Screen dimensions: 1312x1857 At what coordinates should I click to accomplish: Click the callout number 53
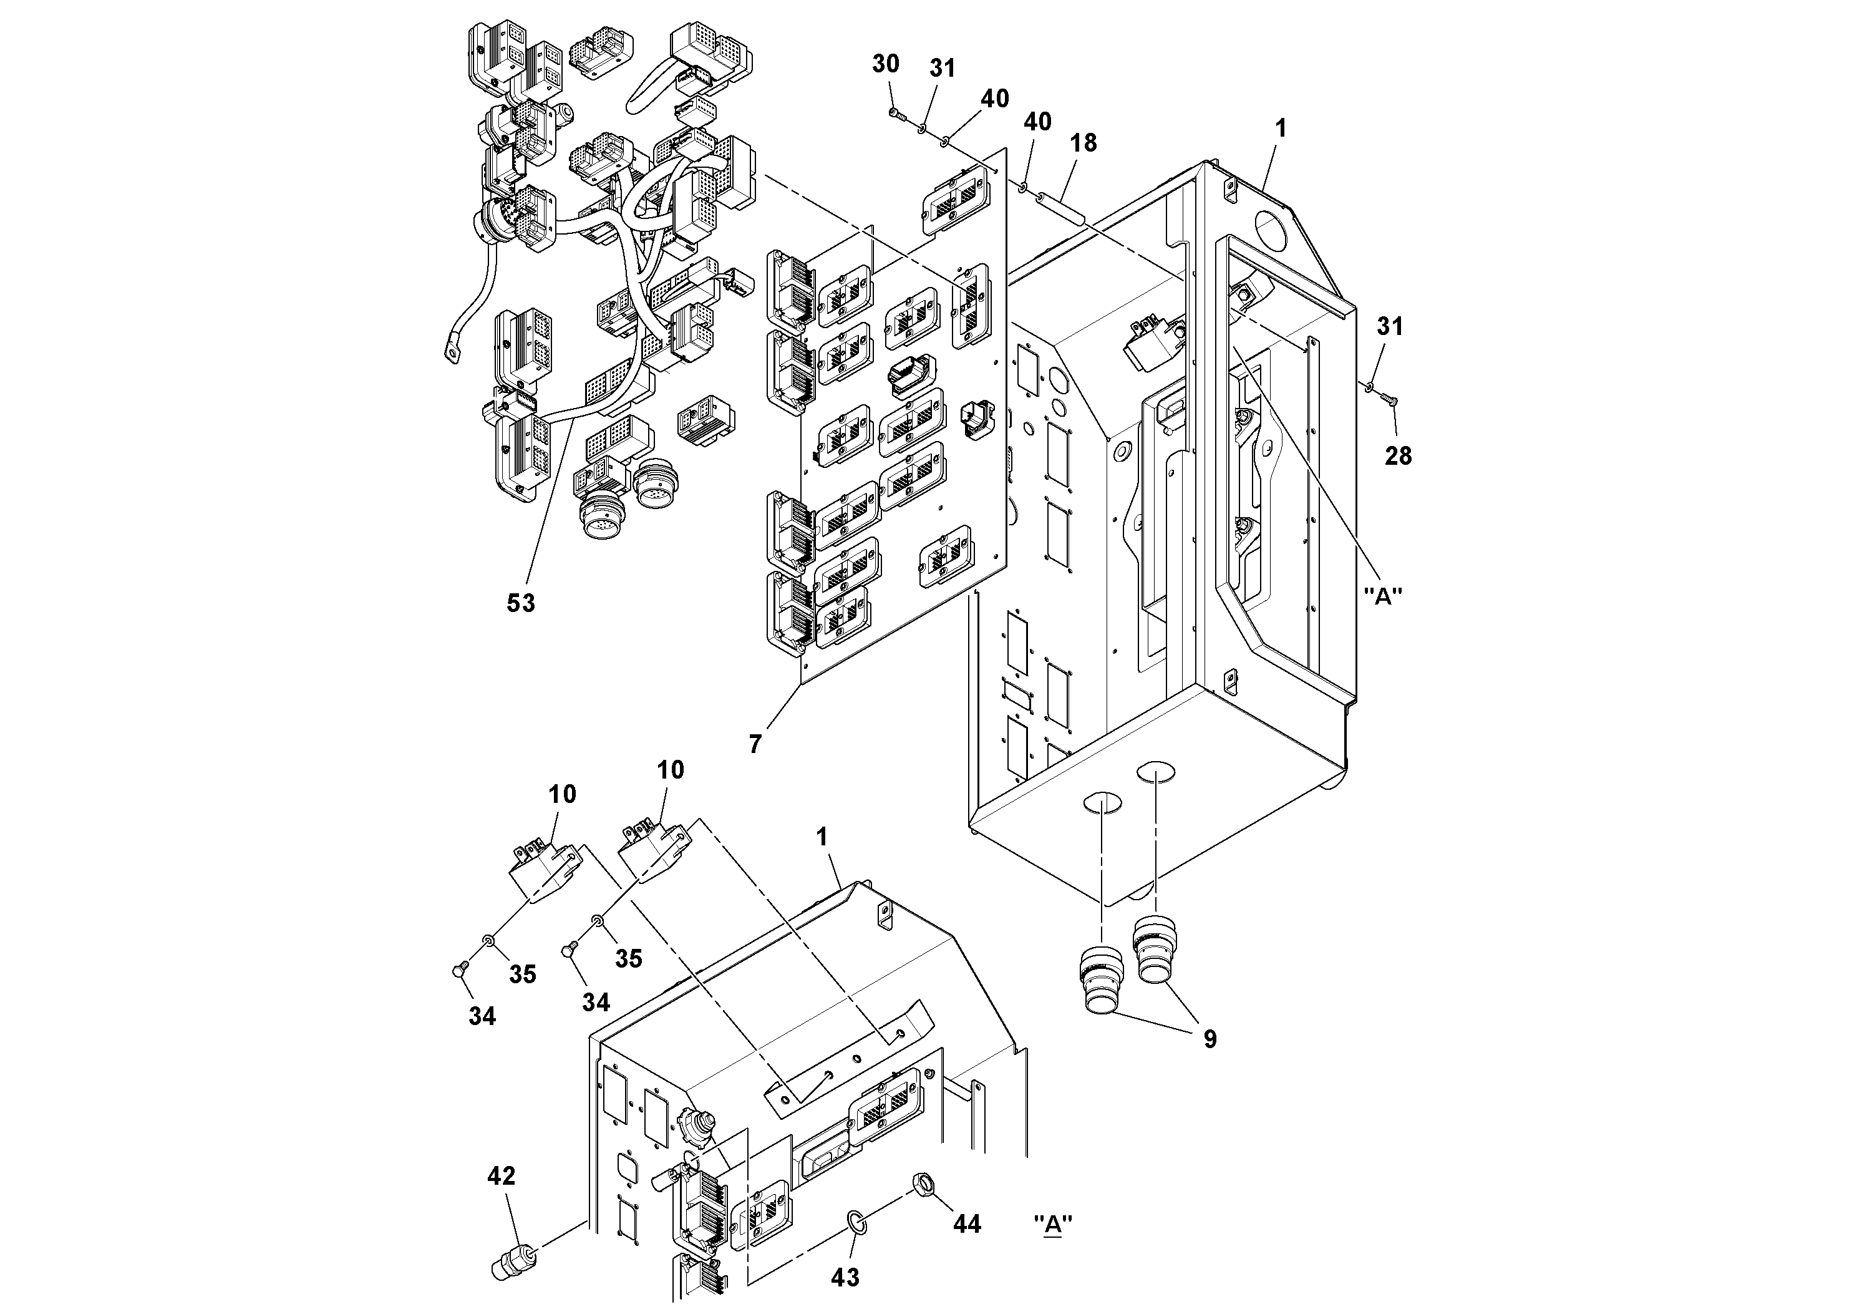(520, 603)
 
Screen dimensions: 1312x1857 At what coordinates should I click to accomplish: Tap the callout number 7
(755, 744)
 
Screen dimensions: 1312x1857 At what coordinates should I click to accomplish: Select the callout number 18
(1083, 142)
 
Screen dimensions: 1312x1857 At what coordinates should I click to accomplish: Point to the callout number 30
(886, 64)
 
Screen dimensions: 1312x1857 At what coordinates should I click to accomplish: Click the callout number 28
(1398, 456)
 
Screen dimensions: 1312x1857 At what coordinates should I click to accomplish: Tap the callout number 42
(501, 1175)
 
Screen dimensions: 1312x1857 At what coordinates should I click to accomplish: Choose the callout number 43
(845, 1277)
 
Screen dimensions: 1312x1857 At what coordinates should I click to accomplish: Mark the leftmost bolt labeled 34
(457, 971)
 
